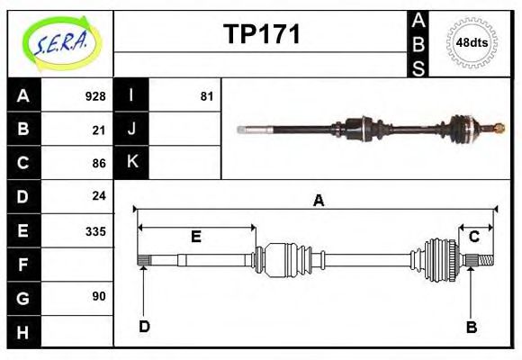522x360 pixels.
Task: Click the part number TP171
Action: pyautogui.click(x=262, y=34)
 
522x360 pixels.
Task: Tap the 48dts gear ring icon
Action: pyautogui.click(x=472, y=42)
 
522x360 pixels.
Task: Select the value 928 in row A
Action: pyautogui.click(x=94, y=96)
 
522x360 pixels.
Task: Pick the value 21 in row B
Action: pyautogui.click(x=99, y=130)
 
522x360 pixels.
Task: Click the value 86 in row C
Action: pyautogui.click(x=99, y=163)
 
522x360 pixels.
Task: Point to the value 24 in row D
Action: pyautogui.click(x=99, y=195)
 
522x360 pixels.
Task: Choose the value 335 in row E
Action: pyautogui.click(x=94, y=230)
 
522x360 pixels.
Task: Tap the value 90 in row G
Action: pyautogui.click(x=99, y=296)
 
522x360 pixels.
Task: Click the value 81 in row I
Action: pyautogui.click(x=206, y=96)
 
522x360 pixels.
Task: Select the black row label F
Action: pyautogui.click(x=23, y=264)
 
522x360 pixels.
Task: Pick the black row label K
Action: pyautogui.click(x=131, y=163)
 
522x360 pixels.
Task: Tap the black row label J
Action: pyautogui.click(x=131, y=130)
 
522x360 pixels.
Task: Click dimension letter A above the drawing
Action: pyautogui.click(x=318, y=201)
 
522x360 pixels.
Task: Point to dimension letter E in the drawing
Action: pyautogui.click(x=195, y=237)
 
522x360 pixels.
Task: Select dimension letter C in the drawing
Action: pyautogui.click(x=473, y=237)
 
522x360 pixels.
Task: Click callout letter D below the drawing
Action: pyautogui.click(x=144, y=327)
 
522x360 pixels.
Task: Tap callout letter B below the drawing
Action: pyautogui.click(x=471, y=327)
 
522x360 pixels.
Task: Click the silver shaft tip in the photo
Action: pyautogui.click(x=243, y=130)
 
